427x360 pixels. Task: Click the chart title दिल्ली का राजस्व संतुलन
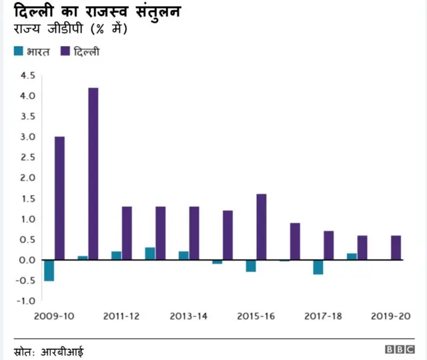coord(97,12)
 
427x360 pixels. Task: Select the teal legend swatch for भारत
coord(19,51)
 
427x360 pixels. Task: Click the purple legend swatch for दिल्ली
coord(65,51)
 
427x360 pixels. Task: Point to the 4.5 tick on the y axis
coord(27,75)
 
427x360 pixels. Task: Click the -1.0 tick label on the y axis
coord(25,301)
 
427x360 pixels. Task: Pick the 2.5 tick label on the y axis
coord(27,158)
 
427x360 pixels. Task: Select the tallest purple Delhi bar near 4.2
coord(93,174)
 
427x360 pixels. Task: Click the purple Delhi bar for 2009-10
coord(59,198)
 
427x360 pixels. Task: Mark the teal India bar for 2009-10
coord(49,271)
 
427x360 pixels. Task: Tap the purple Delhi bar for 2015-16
coord(261,226)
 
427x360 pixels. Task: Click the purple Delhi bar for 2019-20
coord(396,247)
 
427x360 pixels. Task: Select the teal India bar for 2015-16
coord(251,266)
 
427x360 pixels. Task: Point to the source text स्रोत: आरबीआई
coord(49,351)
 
